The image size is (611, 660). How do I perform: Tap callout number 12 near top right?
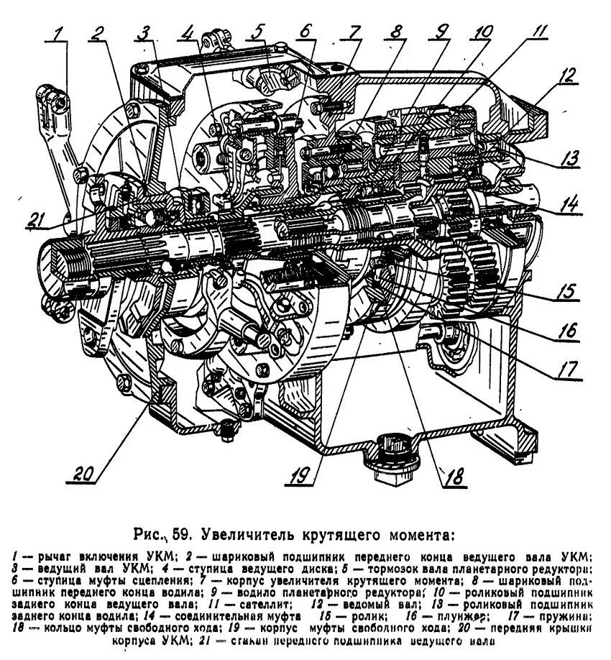[569, 74]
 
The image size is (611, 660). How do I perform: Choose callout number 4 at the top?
[188, 32]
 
